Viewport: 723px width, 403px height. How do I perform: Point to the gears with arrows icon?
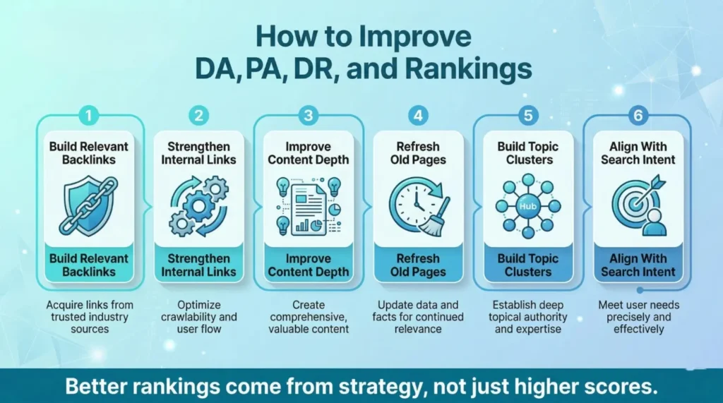point(198,205)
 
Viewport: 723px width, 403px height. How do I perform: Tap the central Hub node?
point(527,205)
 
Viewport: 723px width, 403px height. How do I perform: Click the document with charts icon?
point(308,207)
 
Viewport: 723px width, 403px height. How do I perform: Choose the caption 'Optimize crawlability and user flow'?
point(198,316)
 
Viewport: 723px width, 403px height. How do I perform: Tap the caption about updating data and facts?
point(418,316)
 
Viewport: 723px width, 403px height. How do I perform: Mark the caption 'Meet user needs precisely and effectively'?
point(638,316)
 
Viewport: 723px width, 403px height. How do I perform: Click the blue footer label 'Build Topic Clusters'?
point(528,265)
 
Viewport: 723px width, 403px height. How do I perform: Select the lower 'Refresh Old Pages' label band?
point(418,265)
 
